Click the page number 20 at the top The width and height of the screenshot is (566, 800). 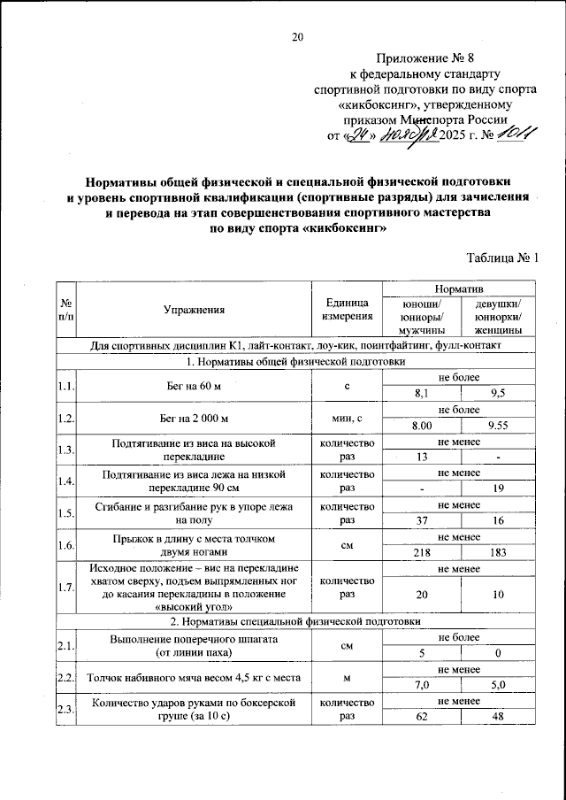click(x=297, y=37)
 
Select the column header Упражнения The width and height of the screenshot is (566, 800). click(x=195, y=310)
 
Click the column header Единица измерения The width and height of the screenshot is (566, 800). click(x=348, y=310)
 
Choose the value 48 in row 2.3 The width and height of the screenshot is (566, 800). click(x=500, y=716)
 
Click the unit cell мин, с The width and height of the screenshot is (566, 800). click(x=348, y=418)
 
